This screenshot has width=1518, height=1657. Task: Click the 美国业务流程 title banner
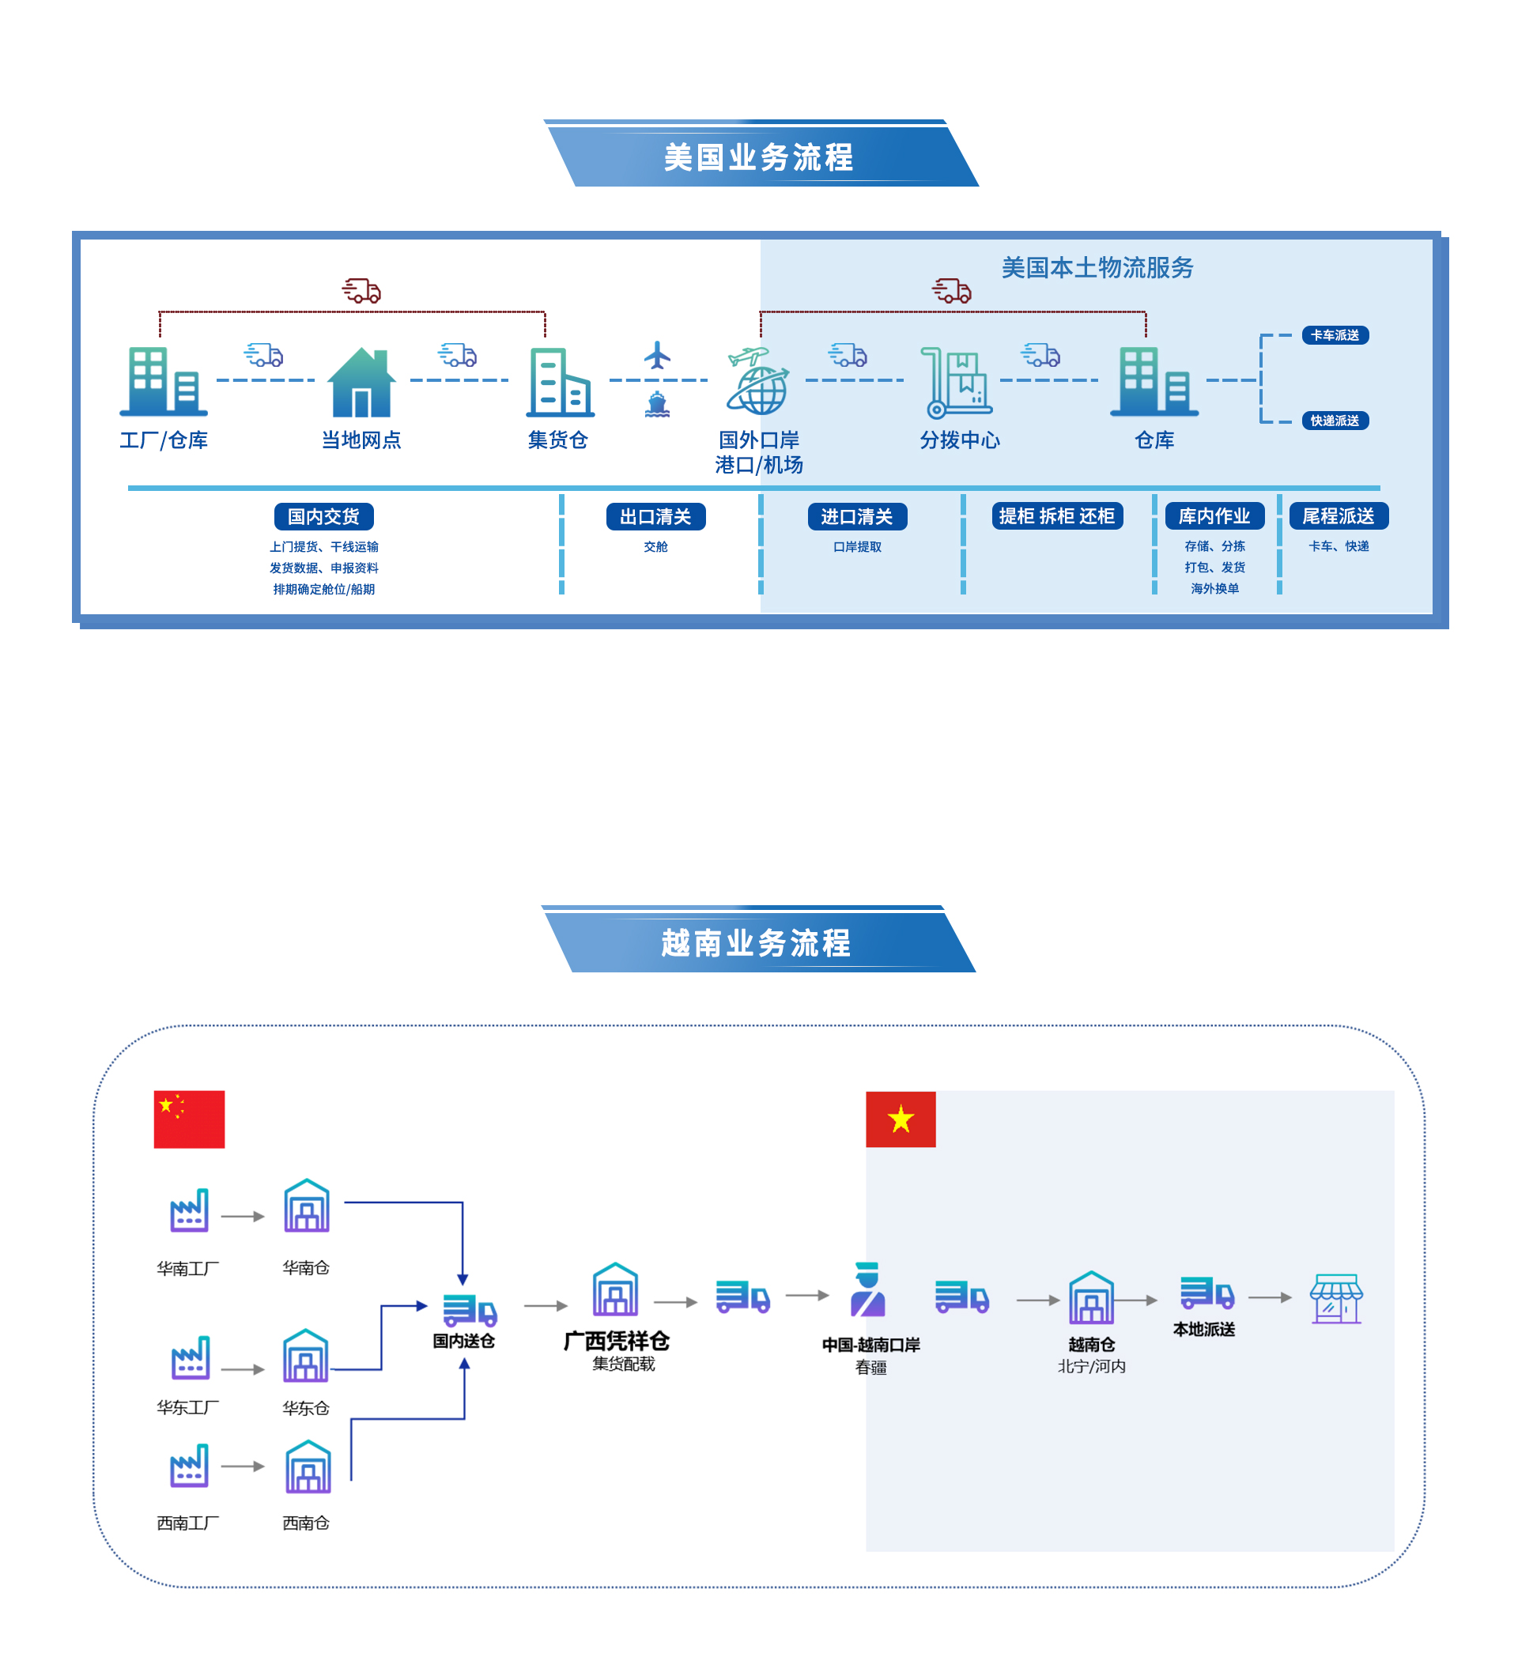[x=761, y=157]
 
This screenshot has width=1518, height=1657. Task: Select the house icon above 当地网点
[x=361, y=382]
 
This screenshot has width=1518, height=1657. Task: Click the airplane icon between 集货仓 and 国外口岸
[x=658, y=355]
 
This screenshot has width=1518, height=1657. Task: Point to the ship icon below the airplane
[x=658, y=405]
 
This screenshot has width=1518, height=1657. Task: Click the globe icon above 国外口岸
[x=758, y=381]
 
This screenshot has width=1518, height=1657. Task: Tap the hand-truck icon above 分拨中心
[x=955, y=382]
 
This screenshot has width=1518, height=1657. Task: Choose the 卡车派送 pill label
[x=1335, y=335]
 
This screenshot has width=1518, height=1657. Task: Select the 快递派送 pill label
[x=1335, y=421]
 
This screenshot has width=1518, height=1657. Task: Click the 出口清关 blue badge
[x=656, y=517]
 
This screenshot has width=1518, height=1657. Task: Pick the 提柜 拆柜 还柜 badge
[x=1057, y=516]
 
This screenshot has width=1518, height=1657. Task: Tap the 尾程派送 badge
[x=1338, y=516]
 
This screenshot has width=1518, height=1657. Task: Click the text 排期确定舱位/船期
[x=324, y=589]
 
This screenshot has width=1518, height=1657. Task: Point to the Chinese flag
[x=189, y=1119]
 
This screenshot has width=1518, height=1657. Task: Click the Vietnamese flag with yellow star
[x=901, y=1119]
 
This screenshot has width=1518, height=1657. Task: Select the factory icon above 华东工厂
[x=190, y=1358]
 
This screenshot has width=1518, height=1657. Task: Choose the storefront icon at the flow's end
[x=1336, y=1299]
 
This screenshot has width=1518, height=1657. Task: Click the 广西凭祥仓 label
[x=617, y=1342]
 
